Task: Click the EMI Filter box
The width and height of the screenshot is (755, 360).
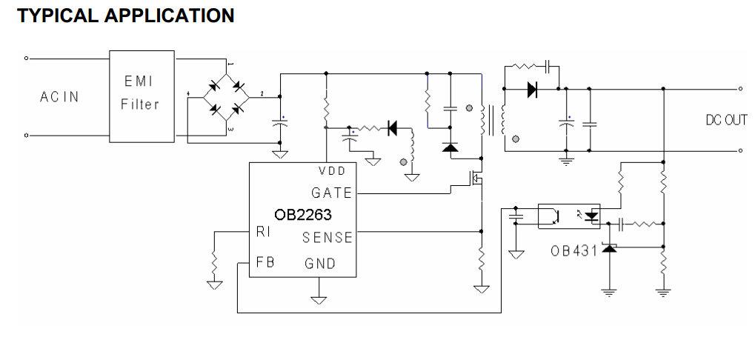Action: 142,96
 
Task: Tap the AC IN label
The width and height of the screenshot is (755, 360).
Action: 59,97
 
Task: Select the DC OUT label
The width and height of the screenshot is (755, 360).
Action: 726,120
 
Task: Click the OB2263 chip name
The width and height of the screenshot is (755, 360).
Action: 303,215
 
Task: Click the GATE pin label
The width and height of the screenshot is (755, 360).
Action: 332,193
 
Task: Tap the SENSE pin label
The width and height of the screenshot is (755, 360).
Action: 327,237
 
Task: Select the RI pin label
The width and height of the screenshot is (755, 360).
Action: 263,232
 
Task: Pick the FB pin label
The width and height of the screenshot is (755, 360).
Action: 265,262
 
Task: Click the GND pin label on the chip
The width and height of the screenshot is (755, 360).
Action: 320,264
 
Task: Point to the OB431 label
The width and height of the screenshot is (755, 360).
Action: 574,250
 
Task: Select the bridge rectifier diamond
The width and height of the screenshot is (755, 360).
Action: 226,97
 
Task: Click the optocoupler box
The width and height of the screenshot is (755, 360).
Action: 568,216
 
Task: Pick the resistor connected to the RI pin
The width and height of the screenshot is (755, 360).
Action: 214,262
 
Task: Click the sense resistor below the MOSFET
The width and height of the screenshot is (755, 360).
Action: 481,260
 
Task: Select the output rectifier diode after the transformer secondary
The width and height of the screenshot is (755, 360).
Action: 532,89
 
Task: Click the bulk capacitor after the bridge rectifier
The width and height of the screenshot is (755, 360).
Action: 280,122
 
